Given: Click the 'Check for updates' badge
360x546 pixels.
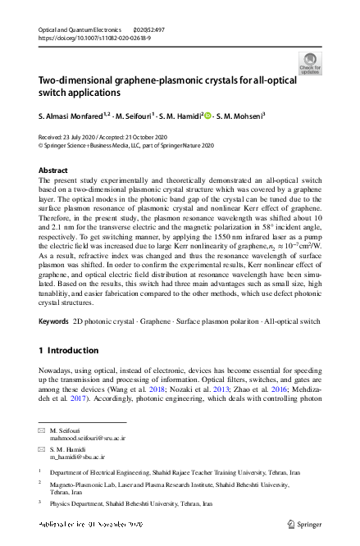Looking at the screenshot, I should (x=310, y=63).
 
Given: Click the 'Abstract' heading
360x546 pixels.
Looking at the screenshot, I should (x=54, y=170).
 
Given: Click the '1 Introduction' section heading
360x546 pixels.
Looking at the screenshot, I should (x=69, y=351).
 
